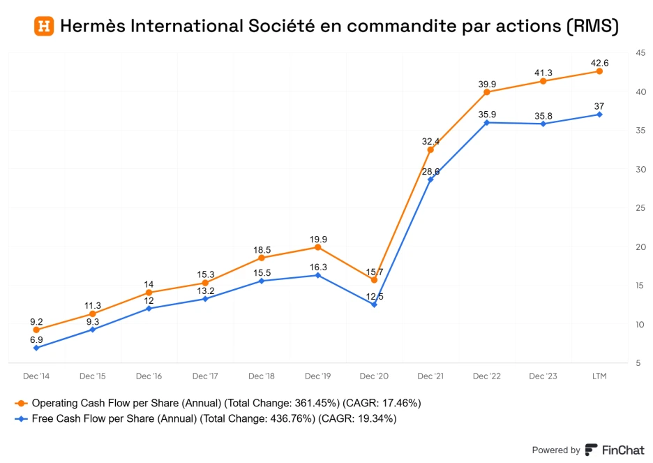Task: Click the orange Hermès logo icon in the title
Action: (x=44, y=27)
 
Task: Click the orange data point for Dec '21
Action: (x=430, y=149)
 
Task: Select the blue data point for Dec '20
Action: (x=374, y=304)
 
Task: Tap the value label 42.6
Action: (x=600, y=63)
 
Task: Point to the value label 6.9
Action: (x=36, y=339)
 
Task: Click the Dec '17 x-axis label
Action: (x=205, y=376)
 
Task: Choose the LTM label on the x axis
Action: (x=599, y=376)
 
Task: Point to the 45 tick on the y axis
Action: (x=640, y=53)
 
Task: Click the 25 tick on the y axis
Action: (x=640, y=208)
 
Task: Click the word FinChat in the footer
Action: (x=622, y=450)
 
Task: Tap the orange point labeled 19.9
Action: (x=317, y=247)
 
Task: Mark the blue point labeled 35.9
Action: (x=487, y=122)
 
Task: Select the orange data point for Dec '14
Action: (x=36, y=330)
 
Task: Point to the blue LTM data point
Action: (x=599, y=115)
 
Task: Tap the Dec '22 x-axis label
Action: (x=487, y=376)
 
